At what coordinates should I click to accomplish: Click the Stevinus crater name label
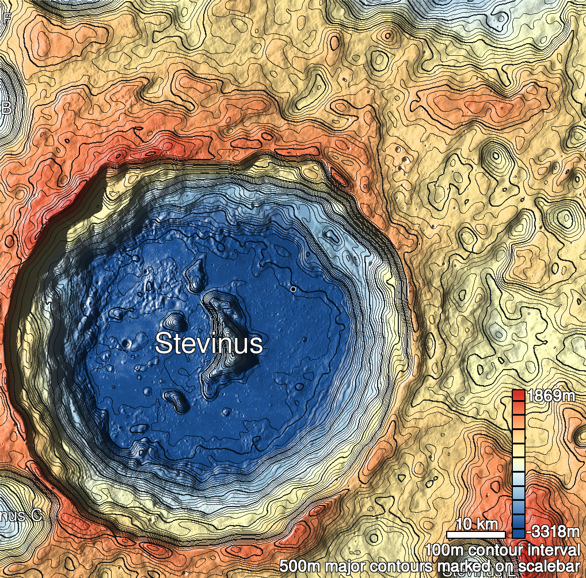pos(209,344)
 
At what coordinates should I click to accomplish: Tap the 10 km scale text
pos(477,524)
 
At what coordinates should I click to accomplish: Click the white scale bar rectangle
pos(476,535)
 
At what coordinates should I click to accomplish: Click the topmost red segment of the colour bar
pos(518,396)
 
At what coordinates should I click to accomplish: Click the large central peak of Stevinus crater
pos(227,334)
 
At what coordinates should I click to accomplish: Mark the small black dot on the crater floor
pos(293,289)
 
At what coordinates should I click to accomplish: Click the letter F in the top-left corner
pos(7,17)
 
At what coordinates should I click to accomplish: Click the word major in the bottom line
pos(343,568)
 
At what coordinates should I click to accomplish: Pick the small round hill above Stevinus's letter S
pos(173,320)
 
